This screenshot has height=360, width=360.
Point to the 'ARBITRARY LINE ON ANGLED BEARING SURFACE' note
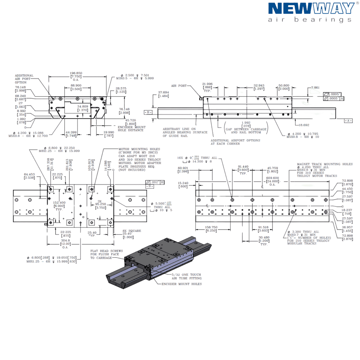click(x=180, y=131)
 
